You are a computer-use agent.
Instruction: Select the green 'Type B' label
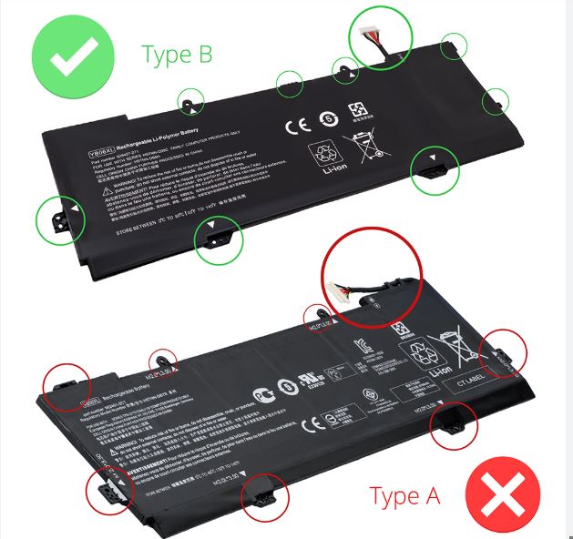click(177, 54)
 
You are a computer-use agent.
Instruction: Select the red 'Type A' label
click(404, 496)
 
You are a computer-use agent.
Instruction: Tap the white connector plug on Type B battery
click(373, 35)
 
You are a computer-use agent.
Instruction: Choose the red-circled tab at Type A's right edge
click(503, 351)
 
